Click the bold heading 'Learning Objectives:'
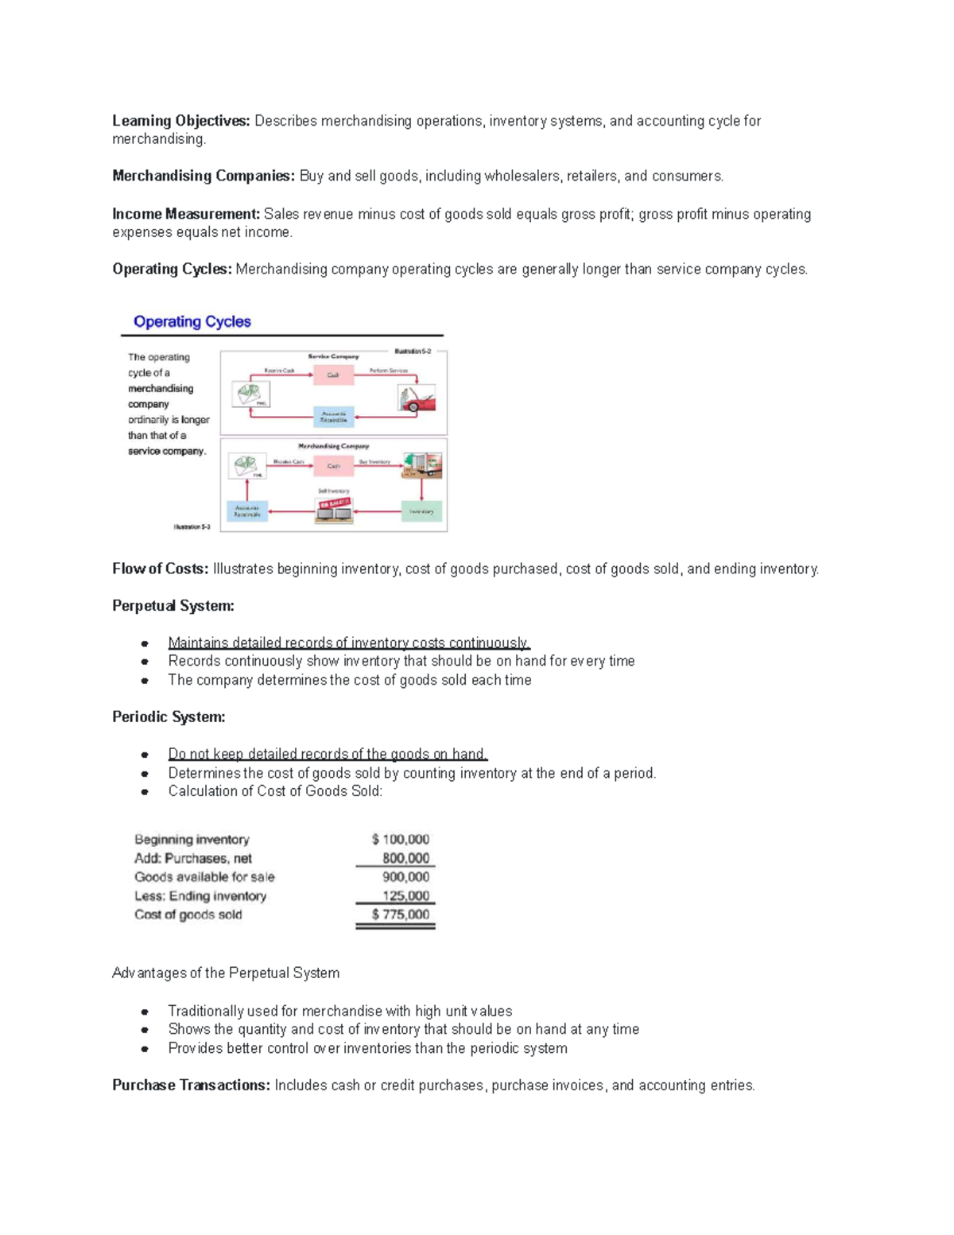[180, 121]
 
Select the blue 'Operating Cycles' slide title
[192, 321]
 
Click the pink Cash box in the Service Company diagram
[333, 375]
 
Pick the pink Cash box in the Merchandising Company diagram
[333, 466]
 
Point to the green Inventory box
[421, 511]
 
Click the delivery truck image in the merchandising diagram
[421, 465]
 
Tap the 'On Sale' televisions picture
[334, 510]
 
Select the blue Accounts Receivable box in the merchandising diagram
[247, 511]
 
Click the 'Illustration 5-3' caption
[192, 526]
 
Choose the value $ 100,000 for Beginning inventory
[401, 839]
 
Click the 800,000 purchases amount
[405, 858]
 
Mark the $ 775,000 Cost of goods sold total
[401, 915]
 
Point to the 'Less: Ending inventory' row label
[200, 896]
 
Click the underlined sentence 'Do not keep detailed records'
[327, 754]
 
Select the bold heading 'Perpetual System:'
[173, 606]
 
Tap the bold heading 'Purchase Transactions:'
[191, 1085]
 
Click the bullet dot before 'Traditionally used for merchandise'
[145, 1012]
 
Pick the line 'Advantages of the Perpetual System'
[226, 973]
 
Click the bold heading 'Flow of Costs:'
[160, 569]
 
